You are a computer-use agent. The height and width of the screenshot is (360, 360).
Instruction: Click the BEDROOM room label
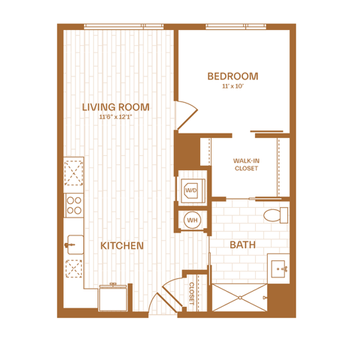(x=232, y=76)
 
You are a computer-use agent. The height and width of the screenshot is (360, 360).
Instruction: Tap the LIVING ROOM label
(x=115, y=107)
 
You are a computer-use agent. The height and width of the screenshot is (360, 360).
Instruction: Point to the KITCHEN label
(x=122, y=246)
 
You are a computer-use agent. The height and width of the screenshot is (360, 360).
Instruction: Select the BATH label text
(x=242, y=244)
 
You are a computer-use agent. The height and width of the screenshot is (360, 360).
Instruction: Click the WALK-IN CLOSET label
(x=246, y=164)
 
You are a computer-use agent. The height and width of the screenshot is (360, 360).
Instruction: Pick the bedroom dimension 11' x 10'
(x=232, y=86)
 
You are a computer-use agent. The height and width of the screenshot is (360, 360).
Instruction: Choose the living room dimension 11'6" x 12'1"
(x=115, y=117)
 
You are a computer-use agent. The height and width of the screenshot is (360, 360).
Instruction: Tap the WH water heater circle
(x=192, y=220)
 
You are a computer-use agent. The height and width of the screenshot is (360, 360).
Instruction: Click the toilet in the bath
(x=275, y=215)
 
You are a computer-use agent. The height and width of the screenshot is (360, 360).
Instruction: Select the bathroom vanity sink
(x=278, y=268)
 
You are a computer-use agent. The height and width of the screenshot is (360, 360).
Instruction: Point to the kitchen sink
(x=74, y=244)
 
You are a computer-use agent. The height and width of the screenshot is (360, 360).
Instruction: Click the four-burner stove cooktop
(x=74, y=205)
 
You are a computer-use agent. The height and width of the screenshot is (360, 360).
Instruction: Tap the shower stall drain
(x=240, y=298)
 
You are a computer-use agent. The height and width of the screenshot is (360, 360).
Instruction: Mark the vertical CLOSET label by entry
(x=191, y=293)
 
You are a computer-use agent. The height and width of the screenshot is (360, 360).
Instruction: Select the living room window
(x=124, y=26)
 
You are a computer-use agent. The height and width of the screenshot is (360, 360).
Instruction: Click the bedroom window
(x=236, y=26)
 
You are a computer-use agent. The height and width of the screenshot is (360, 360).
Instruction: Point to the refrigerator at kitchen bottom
(x=113, y=298)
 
